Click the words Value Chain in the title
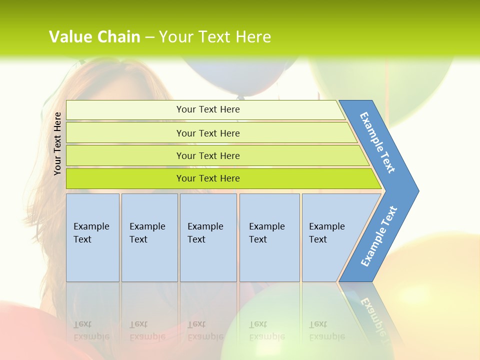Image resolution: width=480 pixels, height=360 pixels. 94,37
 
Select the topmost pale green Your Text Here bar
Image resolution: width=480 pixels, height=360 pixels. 207,109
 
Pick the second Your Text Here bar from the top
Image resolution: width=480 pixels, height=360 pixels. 207,133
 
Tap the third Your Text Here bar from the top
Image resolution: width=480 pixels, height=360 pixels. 207,155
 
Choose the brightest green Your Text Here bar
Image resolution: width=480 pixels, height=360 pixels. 207,178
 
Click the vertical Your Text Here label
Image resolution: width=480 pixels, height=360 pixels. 57,143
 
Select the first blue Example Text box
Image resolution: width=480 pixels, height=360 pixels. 92,237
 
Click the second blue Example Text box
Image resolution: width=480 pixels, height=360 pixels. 149,237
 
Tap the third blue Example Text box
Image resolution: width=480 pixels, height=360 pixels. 208,237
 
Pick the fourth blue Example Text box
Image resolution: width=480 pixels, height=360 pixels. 269,237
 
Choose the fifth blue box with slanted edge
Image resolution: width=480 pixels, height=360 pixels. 330,237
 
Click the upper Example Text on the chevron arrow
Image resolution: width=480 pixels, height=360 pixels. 378,142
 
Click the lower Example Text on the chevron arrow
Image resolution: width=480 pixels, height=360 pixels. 379,236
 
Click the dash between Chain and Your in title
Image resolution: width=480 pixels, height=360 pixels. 149,37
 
